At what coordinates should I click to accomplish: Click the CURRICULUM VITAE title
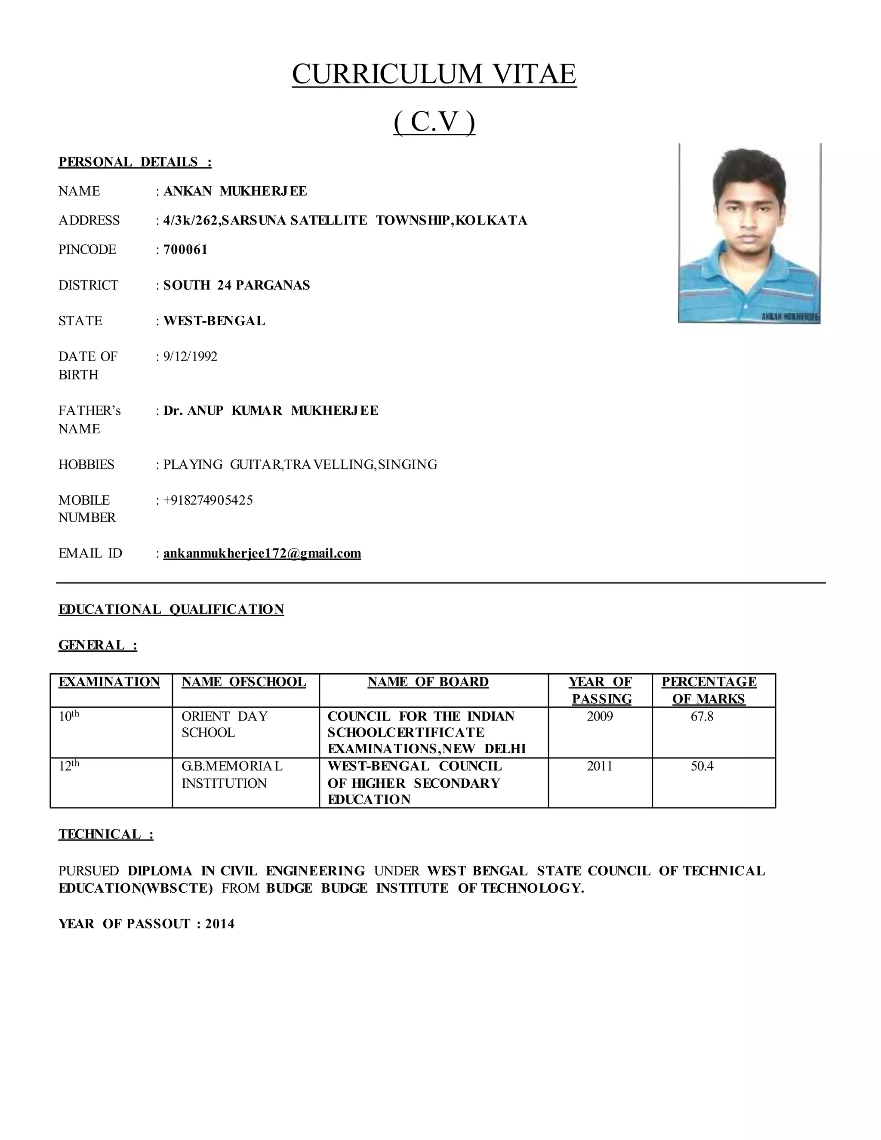click(x=434, y=74)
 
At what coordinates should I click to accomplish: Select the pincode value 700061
click(x=185, y=250)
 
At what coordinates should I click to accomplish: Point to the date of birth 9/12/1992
click(x=190, y=357)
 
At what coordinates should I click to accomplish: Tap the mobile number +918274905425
click(x=208, y=500)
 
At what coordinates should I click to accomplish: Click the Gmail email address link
click(x=262, y=553)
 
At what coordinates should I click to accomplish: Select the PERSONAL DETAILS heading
click(x=135, y=162)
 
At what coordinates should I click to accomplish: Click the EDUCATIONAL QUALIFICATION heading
click(x=171, y=609)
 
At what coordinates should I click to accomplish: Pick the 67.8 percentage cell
click(x=702, y=716)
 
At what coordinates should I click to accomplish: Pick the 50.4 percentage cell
click(x=702, y=766)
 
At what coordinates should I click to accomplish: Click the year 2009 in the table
click(x=600, y=716)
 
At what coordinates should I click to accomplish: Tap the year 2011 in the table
click(x=599, y=766)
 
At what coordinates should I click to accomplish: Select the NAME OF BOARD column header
click(x=428, y=682)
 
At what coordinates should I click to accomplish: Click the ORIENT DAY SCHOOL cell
click(x=225, y=724)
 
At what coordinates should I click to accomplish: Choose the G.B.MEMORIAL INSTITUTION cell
click(x=232, y=775)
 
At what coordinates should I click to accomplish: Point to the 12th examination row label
click(x=69, y=766)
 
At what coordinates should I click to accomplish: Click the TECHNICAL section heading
click(x=105, y=834)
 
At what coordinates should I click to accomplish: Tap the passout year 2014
click(x=220, y=924)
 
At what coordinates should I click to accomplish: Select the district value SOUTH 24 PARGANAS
click(x=237, y=285)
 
